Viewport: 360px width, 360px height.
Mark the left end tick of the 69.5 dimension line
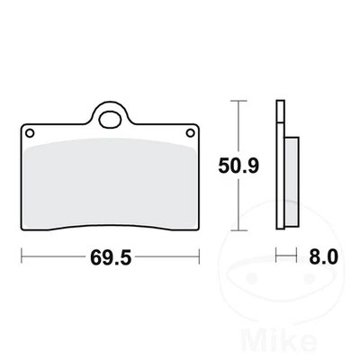(22, 257)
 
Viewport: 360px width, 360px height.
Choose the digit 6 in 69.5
(94, 257)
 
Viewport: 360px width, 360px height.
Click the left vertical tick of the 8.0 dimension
(275, 256)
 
